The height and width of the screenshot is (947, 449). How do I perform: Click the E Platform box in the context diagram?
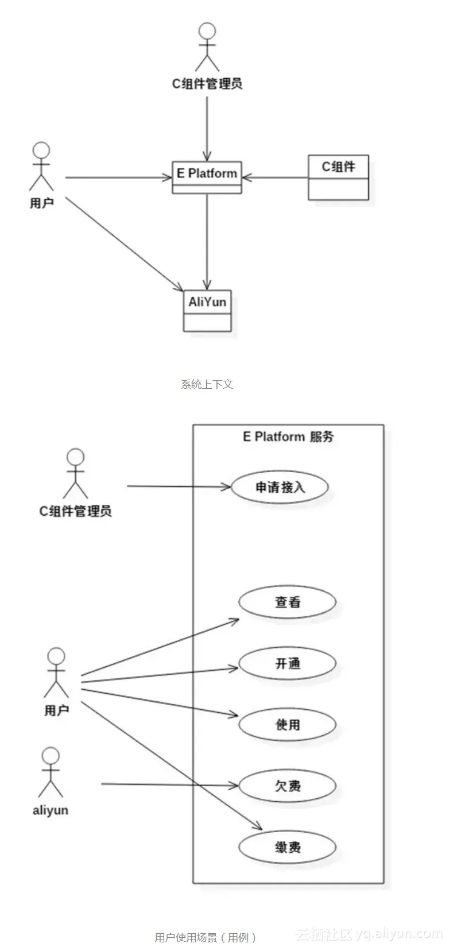click(207, 176)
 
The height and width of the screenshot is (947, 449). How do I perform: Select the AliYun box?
click(207, 310)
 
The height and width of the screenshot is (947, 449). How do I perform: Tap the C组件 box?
click(338, 177)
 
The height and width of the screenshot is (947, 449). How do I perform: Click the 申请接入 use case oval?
click(280, 487)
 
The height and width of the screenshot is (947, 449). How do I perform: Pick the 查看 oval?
click(287, 602)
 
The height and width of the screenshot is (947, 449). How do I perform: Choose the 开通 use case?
click(287, 663)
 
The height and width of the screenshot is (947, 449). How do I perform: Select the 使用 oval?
click(287, 725)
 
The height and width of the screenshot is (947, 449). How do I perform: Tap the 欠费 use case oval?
click(287, 786)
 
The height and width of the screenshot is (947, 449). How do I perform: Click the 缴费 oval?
click(287, 846)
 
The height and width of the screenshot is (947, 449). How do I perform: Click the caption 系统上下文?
click(207, 384)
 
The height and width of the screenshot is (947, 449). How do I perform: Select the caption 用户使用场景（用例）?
click(206, 937)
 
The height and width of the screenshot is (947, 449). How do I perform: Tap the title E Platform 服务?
click(288, 436)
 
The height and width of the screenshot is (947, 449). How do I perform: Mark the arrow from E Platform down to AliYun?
click(207, 241)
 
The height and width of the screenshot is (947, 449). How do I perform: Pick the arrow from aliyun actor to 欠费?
click(169, 784)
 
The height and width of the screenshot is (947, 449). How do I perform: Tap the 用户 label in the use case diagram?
click(56, 710)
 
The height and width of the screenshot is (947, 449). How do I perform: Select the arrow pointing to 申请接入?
click(178, 487)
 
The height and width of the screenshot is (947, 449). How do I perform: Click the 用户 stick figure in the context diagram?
click(41, 167)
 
